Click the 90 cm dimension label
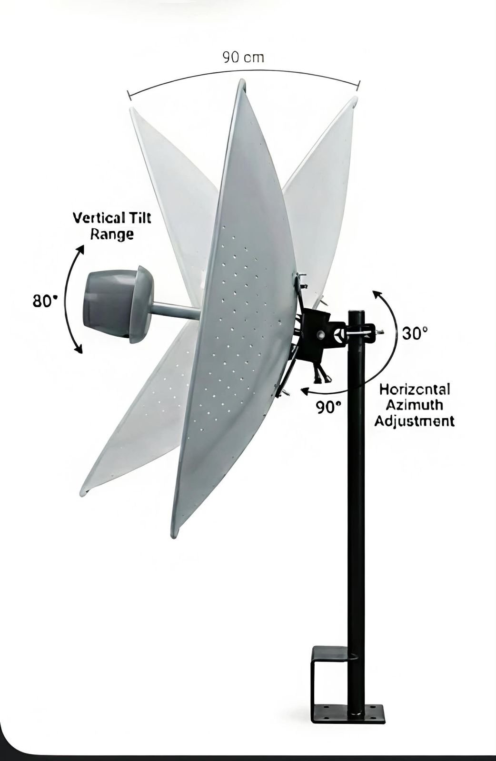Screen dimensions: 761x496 tap(243, 58)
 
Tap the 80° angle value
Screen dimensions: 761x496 tap(45, 301)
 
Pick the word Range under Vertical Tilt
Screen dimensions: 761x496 tap(112, 234)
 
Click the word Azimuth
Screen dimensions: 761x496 tap(414, 405)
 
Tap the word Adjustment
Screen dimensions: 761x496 tap(414, 421)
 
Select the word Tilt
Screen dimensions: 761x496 tap(139, 218)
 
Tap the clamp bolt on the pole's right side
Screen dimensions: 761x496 tap(379, 332)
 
